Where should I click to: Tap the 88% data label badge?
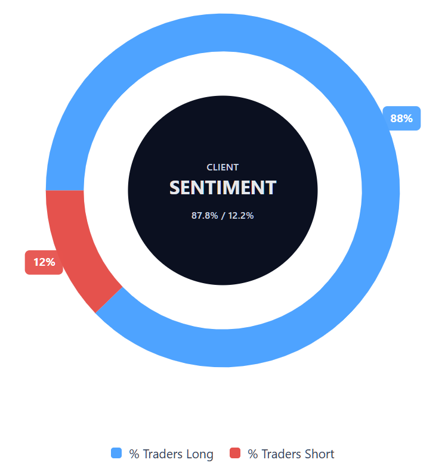[x=401, y=118]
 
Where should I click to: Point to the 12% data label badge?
[x=44, y=262]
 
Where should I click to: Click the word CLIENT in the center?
[x=223, y=167]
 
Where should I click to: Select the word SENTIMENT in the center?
[x=223, y=188]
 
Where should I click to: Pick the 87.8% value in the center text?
[x=204, y=216]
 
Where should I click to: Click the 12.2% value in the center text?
[x=241, y=216]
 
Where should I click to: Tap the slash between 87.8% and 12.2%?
[x=223, y=216]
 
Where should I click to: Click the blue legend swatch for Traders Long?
[x=116, y=454]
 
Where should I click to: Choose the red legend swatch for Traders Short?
[x=235, y=454]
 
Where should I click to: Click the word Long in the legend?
[x=200, y=454]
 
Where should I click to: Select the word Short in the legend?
[x=319, y=454]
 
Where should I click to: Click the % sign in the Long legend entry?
[x=134, y=454]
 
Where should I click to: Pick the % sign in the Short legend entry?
[x=252, y=454]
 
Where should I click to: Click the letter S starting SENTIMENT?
[x=175, y=188]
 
